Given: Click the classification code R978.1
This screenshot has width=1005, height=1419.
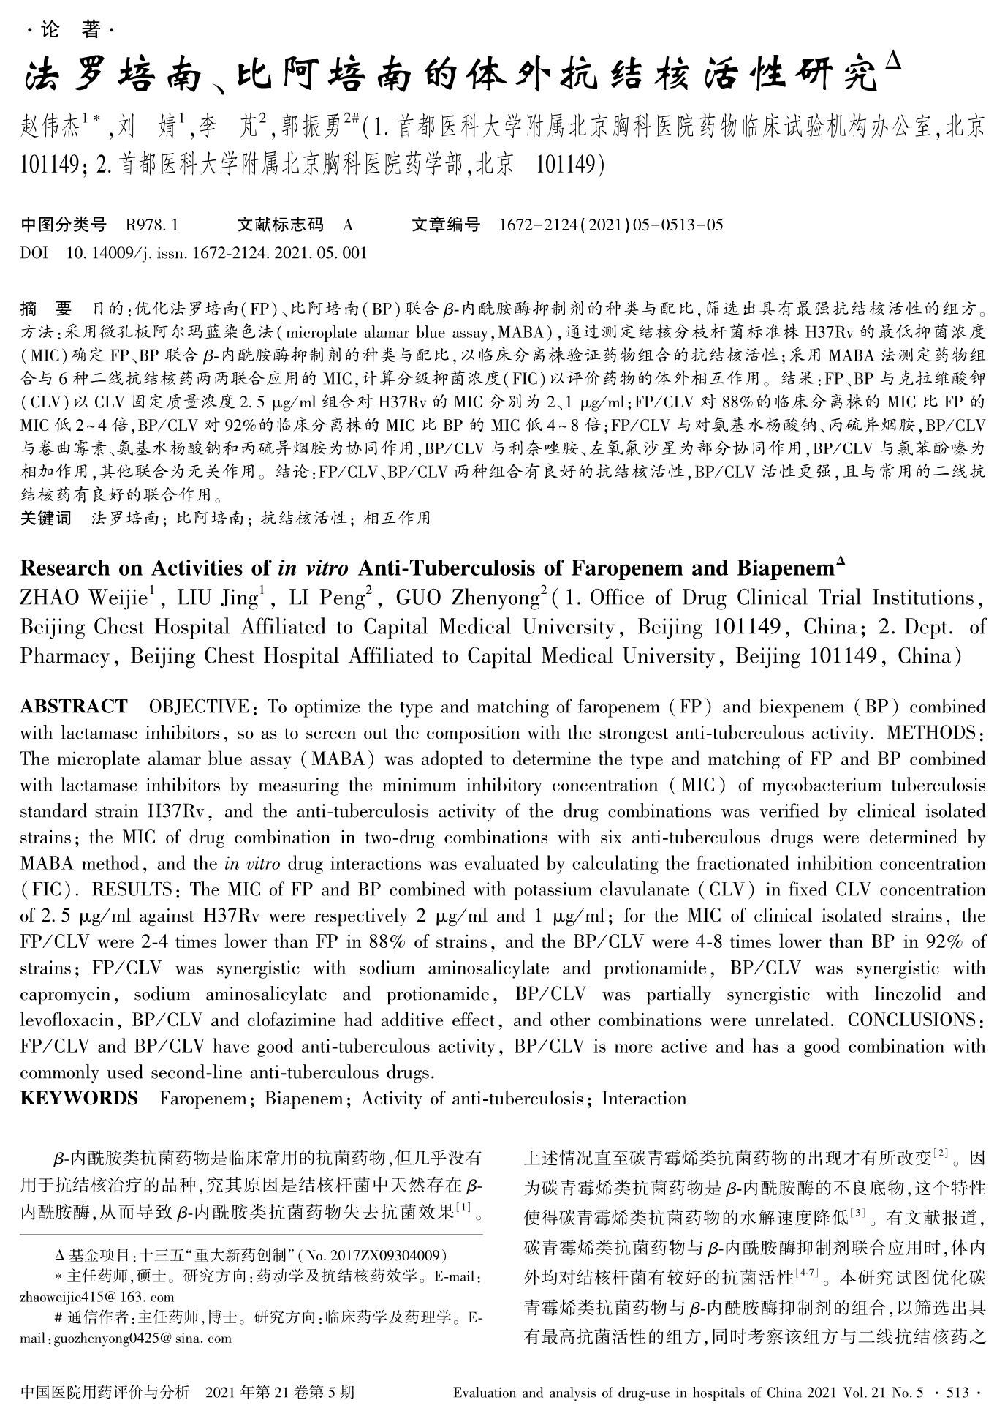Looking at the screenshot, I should tap(152, 225).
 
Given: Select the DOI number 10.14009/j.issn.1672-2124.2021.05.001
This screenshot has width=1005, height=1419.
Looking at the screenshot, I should tap(216, 254).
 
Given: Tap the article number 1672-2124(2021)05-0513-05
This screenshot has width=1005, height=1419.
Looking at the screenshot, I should tap(610, 225).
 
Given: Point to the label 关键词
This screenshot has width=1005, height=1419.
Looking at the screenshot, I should tap(45, 518).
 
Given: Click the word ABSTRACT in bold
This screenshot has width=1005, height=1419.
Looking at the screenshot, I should tap(73, 707).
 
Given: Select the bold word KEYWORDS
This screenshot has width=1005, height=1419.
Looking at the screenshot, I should tap(78, 1098).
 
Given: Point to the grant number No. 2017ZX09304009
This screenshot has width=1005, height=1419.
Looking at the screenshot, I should tap(373, 1256).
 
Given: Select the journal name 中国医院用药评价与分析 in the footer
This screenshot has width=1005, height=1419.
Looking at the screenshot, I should tap(106, 1392).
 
